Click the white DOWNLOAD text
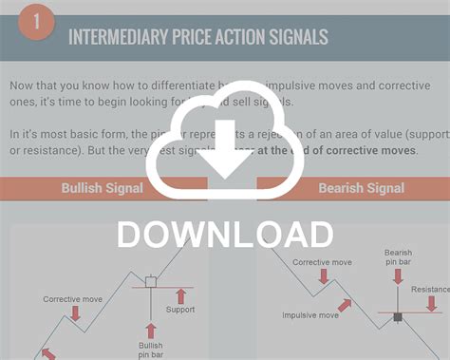pos(225,235)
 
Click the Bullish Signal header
pos(102,188)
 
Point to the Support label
pos(181,310)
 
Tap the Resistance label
pos(430,290)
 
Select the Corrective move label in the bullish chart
pos(72,299)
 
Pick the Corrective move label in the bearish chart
pos(323,262)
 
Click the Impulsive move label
pos(310,315)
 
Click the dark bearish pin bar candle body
pos(397,314)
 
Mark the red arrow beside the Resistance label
pos(432,304)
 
